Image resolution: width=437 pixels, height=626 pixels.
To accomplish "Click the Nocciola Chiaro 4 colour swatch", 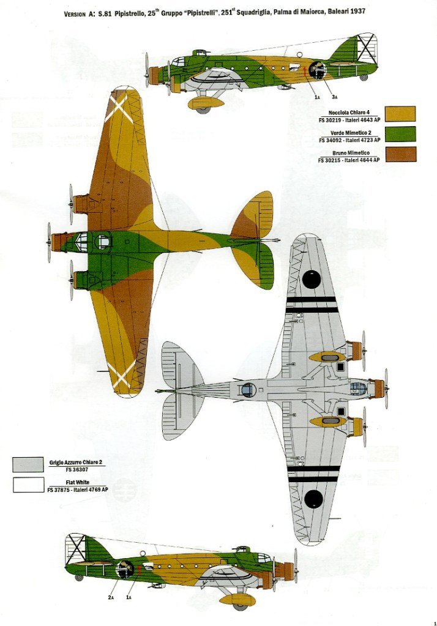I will click(x=397, y=114).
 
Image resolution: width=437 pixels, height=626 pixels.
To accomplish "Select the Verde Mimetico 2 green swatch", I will click(x=397, y=134).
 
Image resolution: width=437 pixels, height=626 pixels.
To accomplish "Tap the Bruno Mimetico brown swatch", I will click(x=397, y=154).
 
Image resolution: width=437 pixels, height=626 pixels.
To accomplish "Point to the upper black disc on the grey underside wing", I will click(x=312, y=279).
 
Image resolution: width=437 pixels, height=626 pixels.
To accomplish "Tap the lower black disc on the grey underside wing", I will click(x=313, y=499).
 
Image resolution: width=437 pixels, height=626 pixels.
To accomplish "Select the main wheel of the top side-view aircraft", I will click(x=203, y=110).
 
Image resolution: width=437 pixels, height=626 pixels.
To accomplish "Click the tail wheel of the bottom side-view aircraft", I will click(x=79, y=577).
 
